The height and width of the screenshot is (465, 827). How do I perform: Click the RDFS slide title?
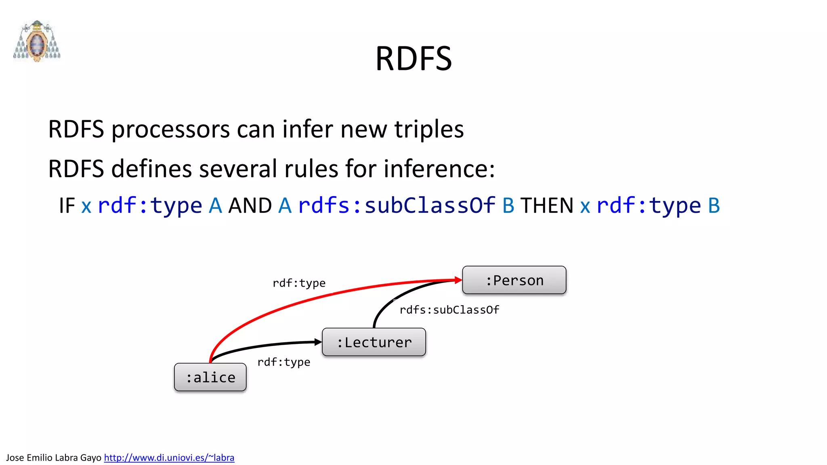click(x=413, y=59)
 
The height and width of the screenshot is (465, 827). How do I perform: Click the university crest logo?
click(x=37, y=41)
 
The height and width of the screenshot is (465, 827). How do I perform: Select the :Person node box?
click(x=514, y=280)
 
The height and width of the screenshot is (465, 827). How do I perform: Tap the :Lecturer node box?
click(x=374, y=342)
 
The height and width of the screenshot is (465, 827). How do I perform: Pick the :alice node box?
click(x=210, y=377)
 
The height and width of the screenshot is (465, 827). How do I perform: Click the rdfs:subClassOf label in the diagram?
click(x=449, y=310)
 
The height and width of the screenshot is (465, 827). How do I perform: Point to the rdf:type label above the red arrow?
click(x=299, y=283)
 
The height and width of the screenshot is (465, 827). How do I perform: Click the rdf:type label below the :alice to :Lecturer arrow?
click(x=284, y=362)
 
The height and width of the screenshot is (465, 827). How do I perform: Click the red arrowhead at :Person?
click(x=458, y=280)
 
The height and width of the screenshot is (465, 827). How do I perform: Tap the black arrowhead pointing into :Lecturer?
click(x=318, y=342)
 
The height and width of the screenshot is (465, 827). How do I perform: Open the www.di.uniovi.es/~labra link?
click(x=169, y=457)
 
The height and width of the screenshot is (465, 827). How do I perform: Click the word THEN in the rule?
click(x=547, y=205)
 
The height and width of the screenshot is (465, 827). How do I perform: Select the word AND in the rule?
click(x=250, y=205)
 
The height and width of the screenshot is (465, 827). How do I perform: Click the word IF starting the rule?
click(x=67, y=205)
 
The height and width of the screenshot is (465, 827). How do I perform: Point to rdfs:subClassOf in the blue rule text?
click(x=397, y=205)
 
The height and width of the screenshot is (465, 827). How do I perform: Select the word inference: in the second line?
click(x=439, y=169)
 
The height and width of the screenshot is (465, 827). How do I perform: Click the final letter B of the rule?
click(x=714, y=205)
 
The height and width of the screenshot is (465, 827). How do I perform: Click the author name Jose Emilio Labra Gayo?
click(x=54, y=457)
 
